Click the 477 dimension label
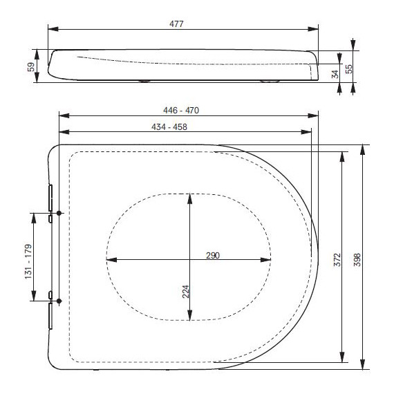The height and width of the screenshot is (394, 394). (x=176, y=24)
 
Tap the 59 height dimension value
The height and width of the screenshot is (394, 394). (x=31, y=67)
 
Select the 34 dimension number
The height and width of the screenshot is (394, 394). (x=335, y=74)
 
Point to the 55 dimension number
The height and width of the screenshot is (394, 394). (x=349, y=69)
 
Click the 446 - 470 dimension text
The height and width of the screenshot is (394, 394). (x=181, y=111)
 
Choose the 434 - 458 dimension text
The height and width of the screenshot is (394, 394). (x=169, y=127)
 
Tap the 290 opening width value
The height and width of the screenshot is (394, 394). (x=213, y=256)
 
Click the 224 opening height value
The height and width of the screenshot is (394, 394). (x=186, y=292)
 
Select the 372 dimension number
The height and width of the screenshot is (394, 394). (x=337, y=260)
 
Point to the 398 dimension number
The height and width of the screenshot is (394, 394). (x=357, y=260)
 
